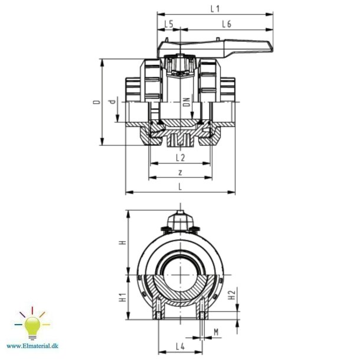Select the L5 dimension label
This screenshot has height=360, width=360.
point(169,24)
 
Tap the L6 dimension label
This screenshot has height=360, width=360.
point(227,24)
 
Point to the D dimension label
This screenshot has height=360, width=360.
point(96,102)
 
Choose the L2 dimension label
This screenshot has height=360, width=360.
point(181,158)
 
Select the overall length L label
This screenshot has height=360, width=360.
point(180,186)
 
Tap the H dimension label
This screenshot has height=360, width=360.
point(122,243)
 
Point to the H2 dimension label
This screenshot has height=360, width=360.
point(233,293)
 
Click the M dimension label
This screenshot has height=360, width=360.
point(215,333)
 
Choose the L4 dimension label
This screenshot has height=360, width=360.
point(181,346)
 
